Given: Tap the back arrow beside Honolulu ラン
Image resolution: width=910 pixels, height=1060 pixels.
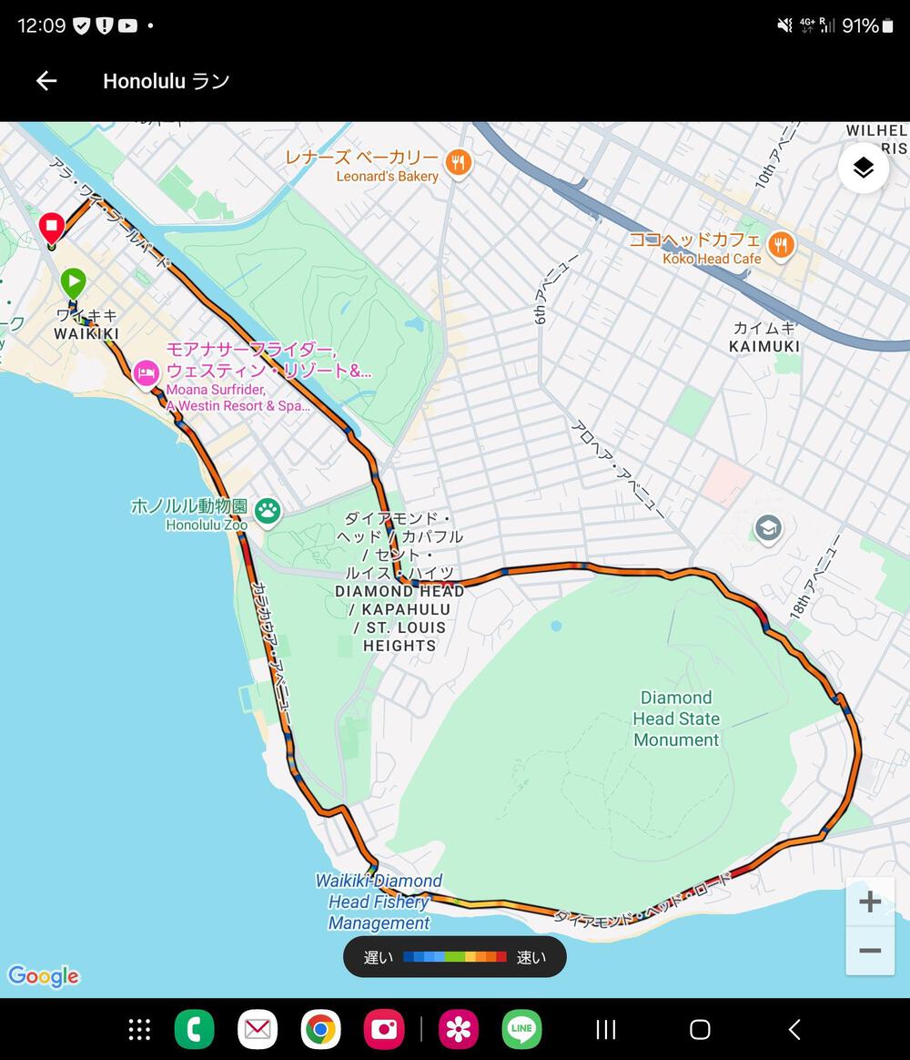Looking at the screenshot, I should pyautogui.click(x=46, y=81).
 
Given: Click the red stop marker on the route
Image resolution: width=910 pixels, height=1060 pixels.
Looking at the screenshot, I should pyautogui.click(x=52, y=226).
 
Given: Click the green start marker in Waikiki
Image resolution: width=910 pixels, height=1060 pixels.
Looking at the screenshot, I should pyautogui.click(x=74, y=282).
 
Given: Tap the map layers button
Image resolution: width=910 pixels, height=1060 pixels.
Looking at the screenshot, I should pyautogui.click(x=863, y=168).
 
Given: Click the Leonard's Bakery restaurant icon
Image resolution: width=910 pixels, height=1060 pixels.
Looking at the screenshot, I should pyautogui.click(x=459, y=164).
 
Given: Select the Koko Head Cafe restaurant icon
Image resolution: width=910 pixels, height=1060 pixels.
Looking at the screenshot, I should pyautogui.click(x=780, y=245).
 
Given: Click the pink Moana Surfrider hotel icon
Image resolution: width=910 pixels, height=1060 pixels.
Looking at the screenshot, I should pyautogui.click(x=146, y=372).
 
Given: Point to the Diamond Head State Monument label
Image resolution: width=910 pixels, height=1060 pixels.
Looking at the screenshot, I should pyautogui.click(x=676, y=719).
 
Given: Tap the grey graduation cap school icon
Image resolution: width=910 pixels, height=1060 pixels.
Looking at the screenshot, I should pyautogui.click(x=768, y=528).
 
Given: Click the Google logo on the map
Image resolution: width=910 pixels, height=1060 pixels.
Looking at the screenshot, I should pyautogui.click(x=44, y=976).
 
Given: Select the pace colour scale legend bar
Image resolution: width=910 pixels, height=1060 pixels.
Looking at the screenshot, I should pyautogui.click(x=455, y=957).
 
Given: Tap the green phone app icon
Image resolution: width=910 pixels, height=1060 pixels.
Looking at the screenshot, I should pyautogui.click(x=194, y=1029).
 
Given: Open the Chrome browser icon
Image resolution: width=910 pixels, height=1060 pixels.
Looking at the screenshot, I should pyautogui.click(x=320, y=1029).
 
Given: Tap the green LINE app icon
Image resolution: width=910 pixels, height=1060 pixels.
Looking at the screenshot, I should pyautogui.click(x=521, y=1029).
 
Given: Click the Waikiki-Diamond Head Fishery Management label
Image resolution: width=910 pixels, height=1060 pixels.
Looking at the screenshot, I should pyautogui.click(x=379, y=902).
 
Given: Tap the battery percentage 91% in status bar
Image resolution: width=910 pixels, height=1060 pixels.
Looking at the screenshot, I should pyautogui.click(x=860, y=25).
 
